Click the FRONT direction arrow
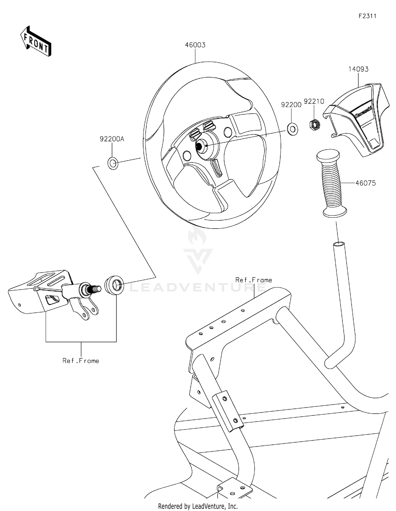36,42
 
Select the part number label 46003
195,45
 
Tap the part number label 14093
358,69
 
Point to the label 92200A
112,139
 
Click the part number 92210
314,101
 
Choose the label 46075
365,183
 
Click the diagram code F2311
367,16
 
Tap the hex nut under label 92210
314,124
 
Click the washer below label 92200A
113,163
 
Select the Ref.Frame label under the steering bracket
81,361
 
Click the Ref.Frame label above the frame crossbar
253,280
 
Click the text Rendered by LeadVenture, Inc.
198,506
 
